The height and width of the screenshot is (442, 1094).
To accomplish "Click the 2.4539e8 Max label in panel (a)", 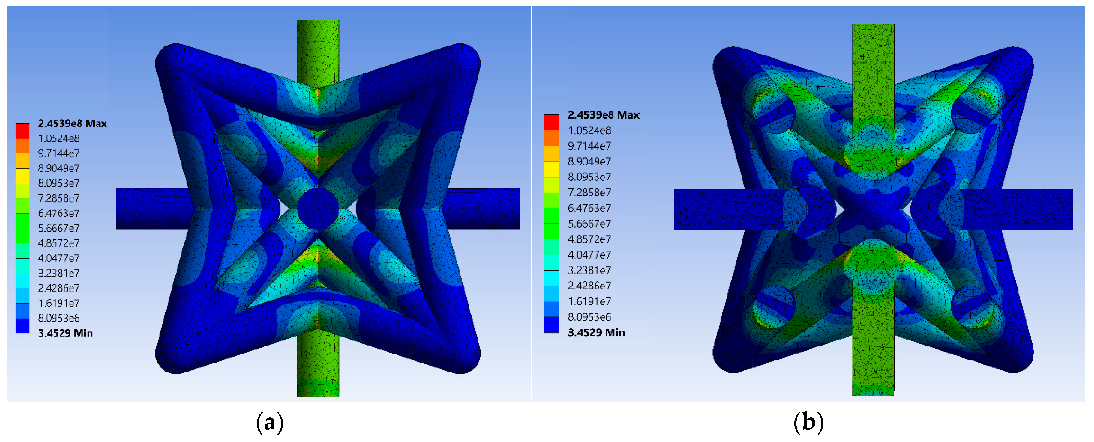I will pos(72,123).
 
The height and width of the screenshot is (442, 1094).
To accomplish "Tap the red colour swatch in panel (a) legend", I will pos(22,131).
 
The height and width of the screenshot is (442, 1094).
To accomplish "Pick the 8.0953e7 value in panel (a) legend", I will pos(58,183).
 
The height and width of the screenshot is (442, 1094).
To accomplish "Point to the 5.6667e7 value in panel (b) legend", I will pos(589,224).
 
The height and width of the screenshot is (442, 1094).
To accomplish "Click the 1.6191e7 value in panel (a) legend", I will pos(58,303).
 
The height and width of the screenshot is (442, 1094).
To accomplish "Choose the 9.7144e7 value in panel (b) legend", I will pos(589,146).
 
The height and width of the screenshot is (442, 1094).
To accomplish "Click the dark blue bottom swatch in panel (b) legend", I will pos(551,325).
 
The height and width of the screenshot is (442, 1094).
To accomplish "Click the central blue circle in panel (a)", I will pos(318,208).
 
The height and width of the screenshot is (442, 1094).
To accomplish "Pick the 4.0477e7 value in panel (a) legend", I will pos(58,258).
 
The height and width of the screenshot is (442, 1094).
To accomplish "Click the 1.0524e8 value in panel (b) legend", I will pos(589,130).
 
